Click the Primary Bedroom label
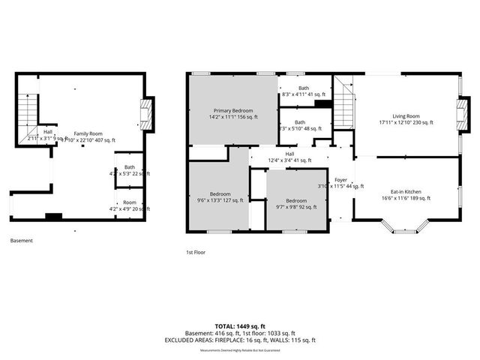point(232,113)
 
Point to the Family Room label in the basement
point(88,136)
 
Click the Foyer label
point(340,182)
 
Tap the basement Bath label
point(130,170)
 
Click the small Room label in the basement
point(130,205)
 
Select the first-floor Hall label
point(289,157)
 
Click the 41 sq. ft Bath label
point(303,91)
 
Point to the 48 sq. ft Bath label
point(300,125)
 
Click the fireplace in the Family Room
point(148,114)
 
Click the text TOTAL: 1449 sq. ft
point(240,326)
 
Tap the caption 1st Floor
point(197,253)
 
